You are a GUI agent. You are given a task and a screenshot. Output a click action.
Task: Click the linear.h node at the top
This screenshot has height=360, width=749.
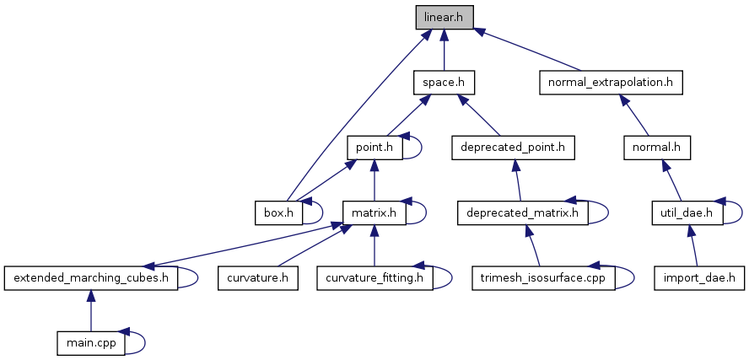[x=445, y=17]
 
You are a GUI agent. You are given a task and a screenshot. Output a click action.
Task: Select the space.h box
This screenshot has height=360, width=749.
[x=445, y=83]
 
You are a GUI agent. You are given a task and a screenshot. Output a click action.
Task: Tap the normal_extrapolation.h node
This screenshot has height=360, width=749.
[x=610, y=83]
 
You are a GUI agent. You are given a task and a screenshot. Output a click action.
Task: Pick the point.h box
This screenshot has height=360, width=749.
[x=374, y=148]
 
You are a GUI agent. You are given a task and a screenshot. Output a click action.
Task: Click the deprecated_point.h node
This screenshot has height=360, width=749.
[x=513, y=148]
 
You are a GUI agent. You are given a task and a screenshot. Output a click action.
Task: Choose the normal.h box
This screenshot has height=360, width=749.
[x=656, y=148]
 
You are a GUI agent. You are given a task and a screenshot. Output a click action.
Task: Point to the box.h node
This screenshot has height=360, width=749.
[x=278, y=212]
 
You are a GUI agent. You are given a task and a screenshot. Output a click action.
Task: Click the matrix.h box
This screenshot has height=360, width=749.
[x=374, y=212]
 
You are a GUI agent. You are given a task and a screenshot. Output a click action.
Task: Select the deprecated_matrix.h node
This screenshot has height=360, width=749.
[x=522, y=212]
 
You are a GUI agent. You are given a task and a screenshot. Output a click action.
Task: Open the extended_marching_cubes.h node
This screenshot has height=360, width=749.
[x=91, y=277]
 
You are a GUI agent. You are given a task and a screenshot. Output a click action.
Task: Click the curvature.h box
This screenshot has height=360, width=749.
[x=258, y=277]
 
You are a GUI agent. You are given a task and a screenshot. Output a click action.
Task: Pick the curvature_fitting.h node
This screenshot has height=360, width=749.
[x=374, y=277]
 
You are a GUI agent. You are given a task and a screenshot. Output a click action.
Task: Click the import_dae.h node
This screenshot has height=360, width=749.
[x=700, y=277]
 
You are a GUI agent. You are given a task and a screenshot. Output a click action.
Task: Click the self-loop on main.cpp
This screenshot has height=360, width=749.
[x=145, y=341]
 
